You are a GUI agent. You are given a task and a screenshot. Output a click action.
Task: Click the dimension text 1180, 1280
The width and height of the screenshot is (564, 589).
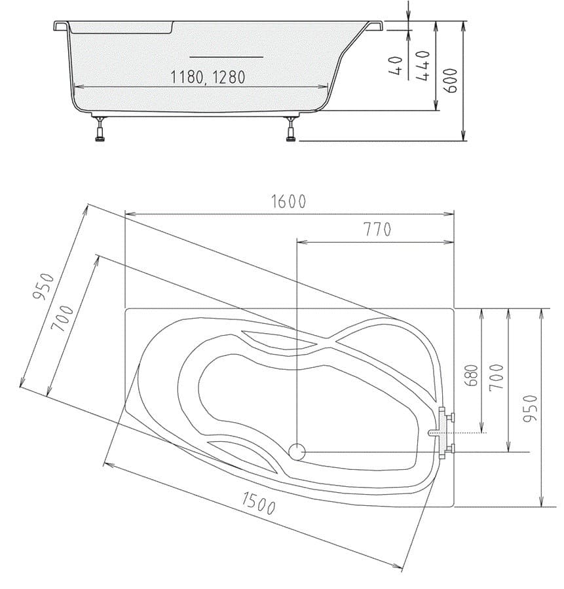(208, 77)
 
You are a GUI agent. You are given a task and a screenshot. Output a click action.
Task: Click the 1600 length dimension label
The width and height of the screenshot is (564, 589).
(289, 202)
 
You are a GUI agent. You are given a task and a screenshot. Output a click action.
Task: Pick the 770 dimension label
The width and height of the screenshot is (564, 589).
(377, 230)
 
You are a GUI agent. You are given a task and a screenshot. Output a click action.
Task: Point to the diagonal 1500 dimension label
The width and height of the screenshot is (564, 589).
(258, 503)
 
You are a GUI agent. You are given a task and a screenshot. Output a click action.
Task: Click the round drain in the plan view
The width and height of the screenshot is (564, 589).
(297, 451)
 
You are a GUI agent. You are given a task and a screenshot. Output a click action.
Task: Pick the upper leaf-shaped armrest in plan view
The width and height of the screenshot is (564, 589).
(275, 340)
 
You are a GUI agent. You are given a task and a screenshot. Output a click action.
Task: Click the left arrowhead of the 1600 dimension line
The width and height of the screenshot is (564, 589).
(128, 213)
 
